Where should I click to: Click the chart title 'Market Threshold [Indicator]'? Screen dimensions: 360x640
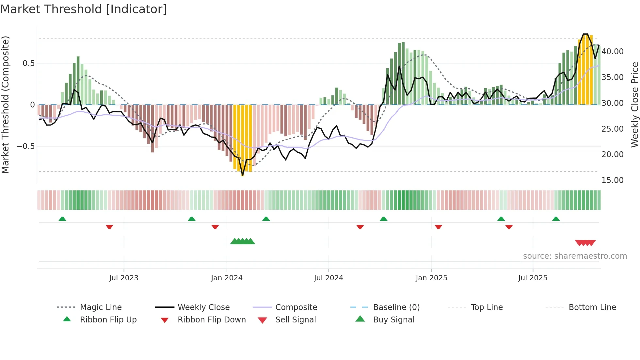(x=84, y=9)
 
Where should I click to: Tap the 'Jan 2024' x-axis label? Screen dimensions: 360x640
(x=227, y=278)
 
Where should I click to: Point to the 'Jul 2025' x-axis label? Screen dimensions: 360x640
(x=533, y=278)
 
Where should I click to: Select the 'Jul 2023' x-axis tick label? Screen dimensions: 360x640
(x=124, y=278)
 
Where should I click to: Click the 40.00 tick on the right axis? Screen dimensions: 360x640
(x=612, y=52)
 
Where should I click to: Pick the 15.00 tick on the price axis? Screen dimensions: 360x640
(x=612, y=180)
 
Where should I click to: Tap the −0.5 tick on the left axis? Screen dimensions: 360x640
(x=26, y=146)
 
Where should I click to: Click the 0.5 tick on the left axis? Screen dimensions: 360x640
(x=28, y=63)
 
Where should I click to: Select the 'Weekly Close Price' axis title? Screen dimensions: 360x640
(x=634, y=105)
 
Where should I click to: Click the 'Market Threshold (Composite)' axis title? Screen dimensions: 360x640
(x=5, y=105)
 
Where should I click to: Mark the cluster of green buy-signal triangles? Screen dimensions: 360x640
(x=242, y=242)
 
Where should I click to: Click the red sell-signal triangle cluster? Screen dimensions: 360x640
(x=585, y=243)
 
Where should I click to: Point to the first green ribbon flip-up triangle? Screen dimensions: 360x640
(x=62, y=219)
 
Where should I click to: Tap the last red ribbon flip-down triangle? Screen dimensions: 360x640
(x=509, y=227)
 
